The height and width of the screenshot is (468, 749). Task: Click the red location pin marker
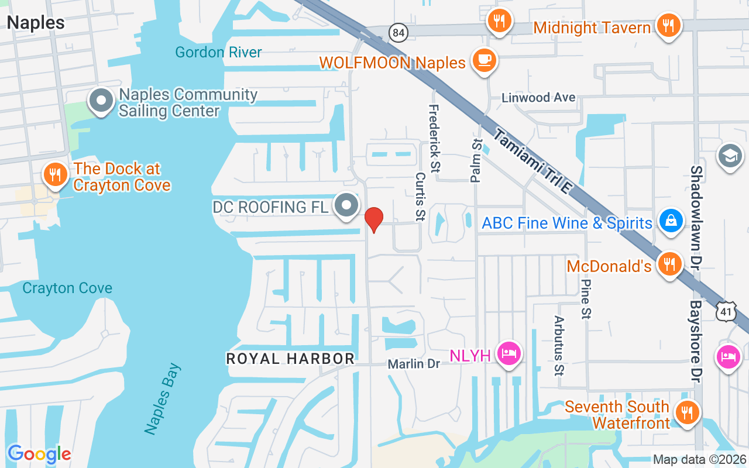coord(373,219)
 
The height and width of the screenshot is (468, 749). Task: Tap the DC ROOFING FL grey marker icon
coord(347,205)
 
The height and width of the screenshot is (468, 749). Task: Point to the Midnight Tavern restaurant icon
coord(668,25)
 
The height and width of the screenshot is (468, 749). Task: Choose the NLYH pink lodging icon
coord(509,353)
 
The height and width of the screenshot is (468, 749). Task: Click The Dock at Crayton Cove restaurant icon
coord(55,174)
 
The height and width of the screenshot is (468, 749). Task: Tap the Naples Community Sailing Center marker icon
coord(101,100)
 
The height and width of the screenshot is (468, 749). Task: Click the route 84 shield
coord(398,32)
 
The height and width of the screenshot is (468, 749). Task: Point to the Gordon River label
coord(219,52)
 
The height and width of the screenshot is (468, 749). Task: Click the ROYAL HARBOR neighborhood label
coord(290,359)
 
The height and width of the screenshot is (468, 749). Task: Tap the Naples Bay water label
coord(163,399)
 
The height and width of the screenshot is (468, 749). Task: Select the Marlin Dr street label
coord(414,364)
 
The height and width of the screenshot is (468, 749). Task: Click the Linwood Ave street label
coord(538,98)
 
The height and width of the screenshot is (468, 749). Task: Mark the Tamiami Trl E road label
coord(531,170)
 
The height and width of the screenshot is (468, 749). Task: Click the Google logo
coord(39,454)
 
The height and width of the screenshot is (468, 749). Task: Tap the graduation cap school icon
coord(730,156)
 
